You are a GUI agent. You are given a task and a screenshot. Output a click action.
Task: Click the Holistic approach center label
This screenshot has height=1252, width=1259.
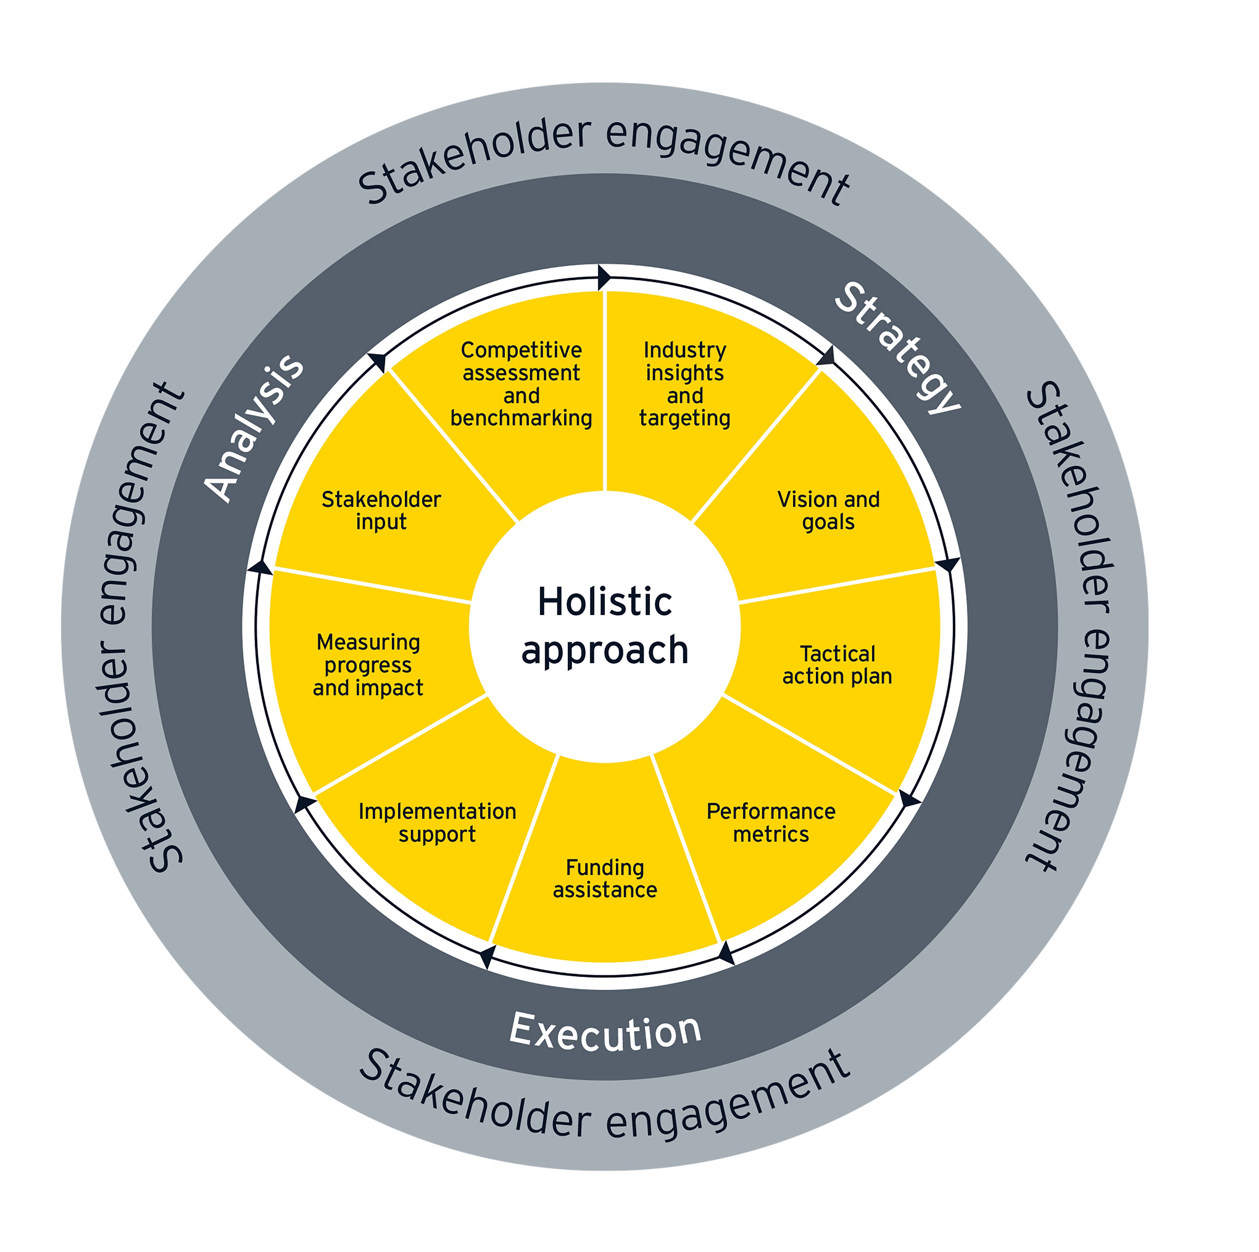(x=605, y=626)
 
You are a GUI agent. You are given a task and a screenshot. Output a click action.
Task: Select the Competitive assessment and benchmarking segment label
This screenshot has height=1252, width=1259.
(x=521, y=384)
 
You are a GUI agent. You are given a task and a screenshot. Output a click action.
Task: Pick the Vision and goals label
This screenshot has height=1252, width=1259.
(x=828, y=511)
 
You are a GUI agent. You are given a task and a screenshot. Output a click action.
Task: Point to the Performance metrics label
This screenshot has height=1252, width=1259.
(x=771, y=823)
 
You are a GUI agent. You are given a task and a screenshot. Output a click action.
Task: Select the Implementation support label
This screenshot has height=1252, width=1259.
(x=437, y=823)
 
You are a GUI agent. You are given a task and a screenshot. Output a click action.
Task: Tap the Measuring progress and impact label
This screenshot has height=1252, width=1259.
(x=368, y=665)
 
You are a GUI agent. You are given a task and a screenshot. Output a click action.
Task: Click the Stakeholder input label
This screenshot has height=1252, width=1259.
(x=381, y=511)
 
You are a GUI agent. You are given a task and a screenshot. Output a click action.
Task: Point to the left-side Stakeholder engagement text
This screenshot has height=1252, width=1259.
(x=140, y=626)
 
